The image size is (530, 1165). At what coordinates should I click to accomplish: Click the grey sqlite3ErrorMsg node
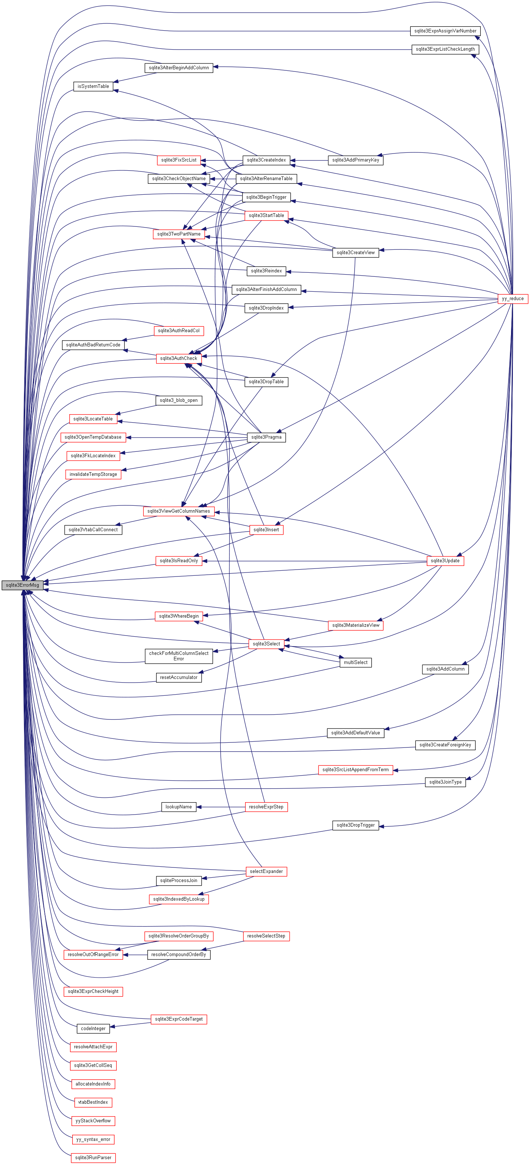tap(22, 585)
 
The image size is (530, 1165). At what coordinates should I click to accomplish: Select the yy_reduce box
tap(512, 299)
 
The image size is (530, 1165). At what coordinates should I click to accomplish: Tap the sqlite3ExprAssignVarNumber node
tap(445, 31)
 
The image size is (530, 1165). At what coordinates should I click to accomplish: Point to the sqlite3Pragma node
tap(266, 437)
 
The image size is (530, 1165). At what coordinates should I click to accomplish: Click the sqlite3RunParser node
tap(93, 1157)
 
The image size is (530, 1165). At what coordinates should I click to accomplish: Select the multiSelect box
tap(355, 663)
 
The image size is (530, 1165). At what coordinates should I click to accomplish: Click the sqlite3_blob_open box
tap(178, 400)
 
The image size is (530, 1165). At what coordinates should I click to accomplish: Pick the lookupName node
tap(178, 807)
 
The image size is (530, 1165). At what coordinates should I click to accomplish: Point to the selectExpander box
tap(266, 871)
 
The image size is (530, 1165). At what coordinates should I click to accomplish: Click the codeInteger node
tap(93, 1028)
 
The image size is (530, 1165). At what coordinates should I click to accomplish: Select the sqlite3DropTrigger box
tap(355, 826)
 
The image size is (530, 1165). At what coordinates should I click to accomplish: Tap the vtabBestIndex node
tap(93, 1102)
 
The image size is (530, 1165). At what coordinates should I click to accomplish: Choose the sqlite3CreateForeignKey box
tap(445, 745)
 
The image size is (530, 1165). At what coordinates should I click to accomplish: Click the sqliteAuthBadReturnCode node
tap(93, 345)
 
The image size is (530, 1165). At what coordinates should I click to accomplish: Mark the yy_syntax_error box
tap(93, 1139)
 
